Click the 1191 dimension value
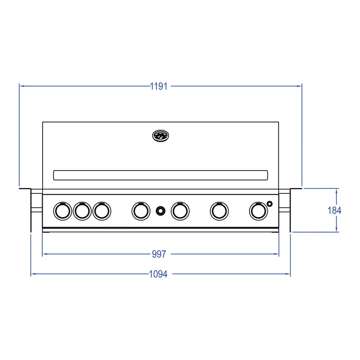pos(159,86)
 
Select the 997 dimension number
pos(159,254)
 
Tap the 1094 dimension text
pos(158,274)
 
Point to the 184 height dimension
pos(334,211)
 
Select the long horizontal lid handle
pos(161,175)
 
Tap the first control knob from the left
pos(63,211)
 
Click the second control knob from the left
pos(82,211)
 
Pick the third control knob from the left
pos(102,211)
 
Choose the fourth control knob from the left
pos(141,211)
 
